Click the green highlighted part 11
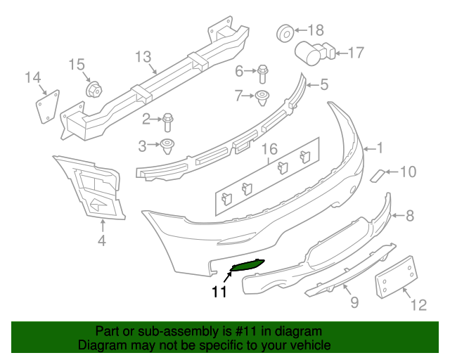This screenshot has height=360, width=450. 247,265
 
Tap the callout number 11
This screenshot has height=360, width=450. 219,291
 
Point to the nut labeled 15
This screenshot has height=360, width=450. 92,89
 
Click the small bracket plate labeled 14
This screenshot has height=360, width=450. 46,103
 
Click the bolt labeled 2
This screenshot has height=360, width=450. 169,122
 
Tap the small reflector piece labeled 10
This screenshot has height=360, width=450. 378,173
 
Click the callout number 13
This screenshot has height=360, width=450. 143,56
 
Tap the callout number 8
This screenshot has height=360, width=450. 410,217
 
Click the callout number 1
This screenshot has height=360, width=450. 380,148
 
